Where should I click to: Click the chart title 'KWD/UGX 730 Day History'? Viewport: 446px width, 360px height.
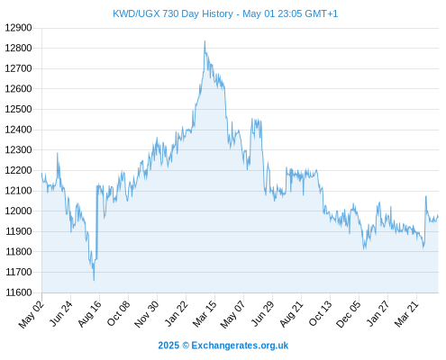point(173,13)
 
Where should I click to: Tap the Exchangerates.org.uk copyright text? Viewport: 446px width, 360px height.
point(223,346)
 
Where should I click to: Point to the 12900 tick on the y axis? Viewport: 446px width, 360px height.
point(18,28)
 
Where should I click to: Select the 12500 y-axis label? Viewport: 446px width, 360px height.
point(18,109)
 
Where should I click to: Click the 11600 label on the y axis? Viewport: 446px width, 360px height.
point(18,292)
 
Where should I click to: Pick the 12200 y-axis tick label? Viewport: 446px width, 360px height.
point(18,170)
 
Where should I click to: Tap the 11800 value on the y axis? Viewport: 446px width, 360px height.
point(18,252)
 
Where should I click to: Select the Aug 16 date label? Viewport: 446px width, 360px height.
point(89,314)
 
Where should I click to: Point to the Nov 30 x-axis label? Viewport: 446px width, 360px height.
point(147,314)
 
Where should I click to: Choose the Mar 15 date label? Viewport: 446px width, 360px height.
point(205,314)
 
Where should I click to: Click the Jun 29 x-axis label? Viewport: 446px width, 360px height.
point(262,314)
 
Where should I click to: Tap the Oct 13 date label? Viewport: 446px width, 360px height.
point(321,313)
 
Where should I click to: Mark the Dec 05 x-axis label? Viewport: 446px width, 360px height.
point(349,314)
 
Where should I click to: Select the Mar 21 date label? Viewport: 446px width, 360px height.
point(406,314)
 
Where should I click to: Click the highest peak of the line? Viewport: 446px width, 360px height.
point(205,41)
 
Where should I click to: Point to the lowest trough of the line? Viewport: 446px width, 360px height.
point(94,281)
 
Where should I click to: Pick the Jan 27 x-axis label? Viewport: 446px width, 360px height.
point(378,314)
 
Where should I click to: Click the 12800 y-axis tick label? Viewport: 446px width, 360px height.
point(18,48)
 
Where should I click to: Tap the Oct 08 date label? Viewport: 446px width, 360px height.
point(118,314)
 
